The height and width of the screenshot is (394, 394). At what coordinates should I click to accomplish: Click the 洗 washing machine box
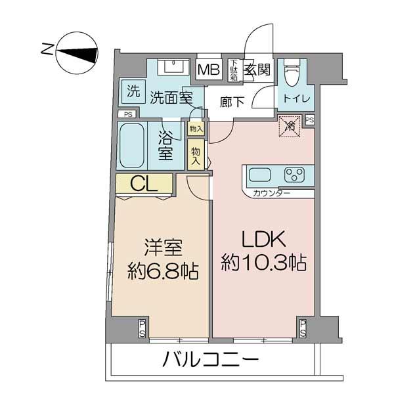[133, 92]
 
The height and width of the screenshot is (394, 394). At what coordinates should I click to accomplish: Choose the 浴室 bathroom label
[165, 146]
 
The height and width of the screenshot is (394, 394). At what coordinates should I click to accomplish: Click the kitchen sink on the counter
[259, 176]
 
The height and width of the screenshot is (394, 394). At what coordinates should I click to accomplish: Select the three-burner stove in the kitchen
[294, 175]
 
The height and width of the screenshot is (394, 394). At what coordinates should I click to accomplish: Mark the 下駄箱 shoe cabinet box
[233, 69]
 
